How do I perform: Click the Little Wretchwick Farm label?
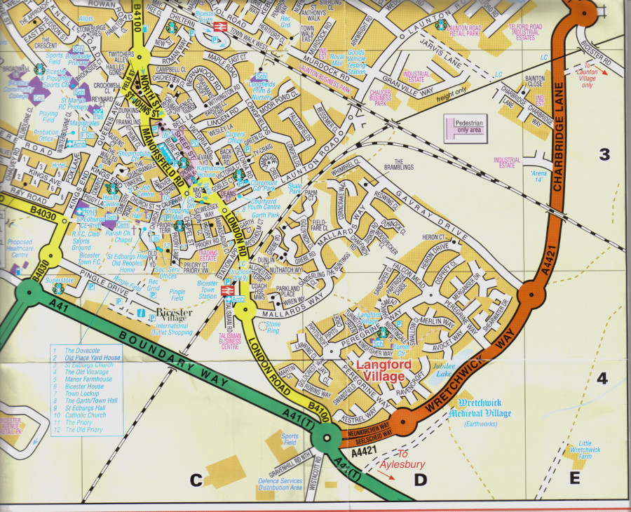click(585, 450)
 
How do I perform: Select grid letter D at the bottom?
click(420, 480)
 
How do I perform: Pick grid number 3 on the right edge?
click(604, 155)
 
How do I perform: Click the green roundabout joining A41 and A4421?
click(327, 440)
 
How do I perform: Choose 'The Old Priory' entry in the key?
click(83, 430)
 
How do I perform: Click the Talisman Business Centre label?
click(225, 339)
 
